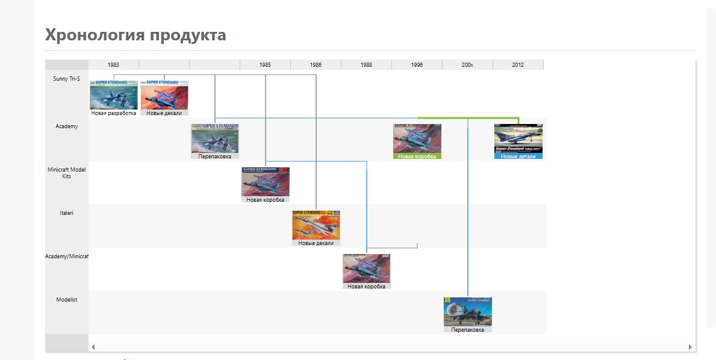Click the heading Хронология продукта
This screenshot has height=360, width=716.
point(135,35)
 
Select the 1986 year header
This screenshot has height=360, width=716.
point(316,64)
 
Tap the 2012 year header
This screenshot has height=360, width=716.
point(518,64)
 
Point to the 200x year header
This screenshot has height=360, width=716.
point(467,64)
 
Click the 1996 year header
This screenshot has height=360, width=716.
point(417,64)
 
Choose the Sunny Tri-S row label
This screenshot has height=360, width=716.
point(66,78)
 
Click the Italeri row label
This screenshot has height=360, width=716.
point(66,213)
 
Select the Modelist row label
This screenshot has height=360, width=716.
point(66,300)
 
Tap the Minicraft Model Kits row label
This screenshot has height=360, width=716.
point(66,173)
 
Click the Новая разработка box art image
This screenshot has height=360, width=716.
point(114,95)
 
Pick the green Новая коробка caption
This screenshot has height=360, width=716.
point(417,156)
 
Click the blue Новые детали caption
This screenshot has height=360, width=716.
point(518,156)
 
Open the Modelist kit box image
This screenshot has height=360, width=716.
point(467,311)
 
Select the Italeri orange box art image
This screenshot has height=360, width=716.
point(316,225)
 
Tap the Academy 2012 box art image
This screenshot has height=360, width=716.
point(518,138)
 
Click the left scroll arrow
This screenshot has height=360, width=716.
point(93,347)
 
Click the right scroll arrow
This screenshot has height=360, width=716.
point(690,347)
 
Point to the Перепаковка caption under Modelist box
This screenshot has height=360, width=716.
point(467,329)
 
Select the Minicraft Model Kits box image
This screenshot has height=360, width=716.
point(265,181)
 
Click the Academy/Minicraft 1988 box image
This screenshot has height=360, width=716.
point(366,268)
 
